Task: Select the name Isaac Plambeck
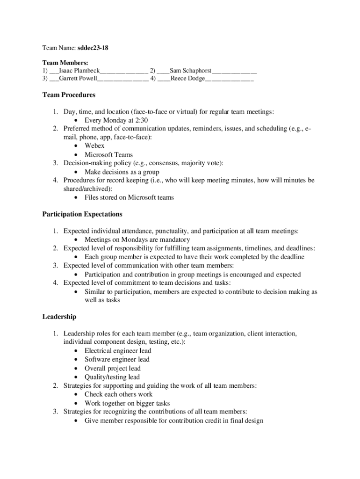tap(79, 71)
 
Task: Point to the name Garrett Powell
tap(78, 79)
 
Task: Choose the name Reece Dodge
tap(187, 79)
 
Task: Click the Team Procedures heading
tap(69, 95)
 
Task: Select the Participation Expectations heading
tap(82, 214)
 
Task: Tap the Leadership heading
tap(59, 317)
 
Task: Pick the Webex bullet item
tap(94, 146)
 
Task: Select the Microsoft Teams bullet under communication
tap(108, 154)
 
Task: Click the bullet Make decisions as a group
tap(122, 172)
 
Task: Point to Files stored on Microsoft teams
tap(129, 197)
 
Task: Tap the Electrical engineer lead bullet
tap(118, 351)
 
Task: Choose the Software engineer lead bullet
tap(117, 359)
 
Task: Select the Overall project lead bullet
tap(113, 368)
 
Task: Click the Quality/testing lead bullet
tap(112, 377)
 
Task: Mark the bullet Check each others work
tap(118, 394)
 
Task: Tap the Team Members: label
tap(65, 63)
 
